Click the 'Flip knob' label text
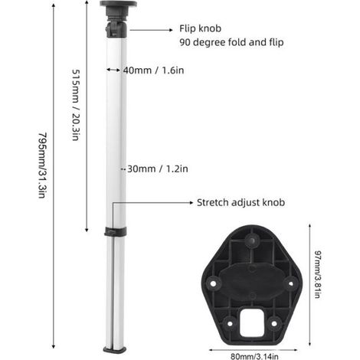[200, 28]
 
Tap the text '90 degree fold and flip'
[231, 42]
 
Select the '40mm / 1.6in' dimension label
[153, 70]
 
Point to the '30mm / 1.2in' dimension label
[158, 169]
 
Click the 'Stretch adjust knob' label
[241, 202]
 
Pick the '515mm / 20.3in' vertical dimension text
[76, 105]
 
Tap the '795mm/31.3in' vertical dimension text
[42, 165]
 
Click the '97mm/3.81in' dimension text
[317, 274]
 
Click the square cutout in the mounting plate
[252, 322]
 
